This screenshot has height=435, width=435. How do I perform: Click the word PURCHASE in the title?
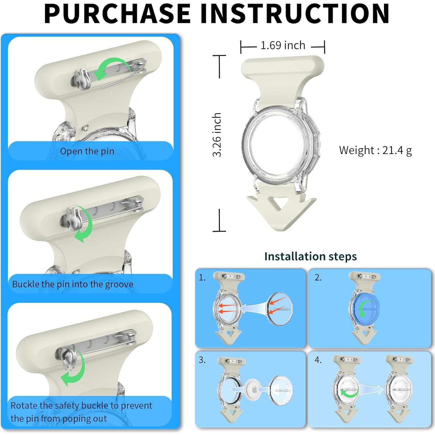(118, 14)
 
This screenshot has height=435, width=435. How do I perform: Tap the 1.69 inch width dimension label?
(283, 46)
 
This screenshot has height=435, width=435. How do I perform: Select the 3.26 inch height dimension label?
(217, 135)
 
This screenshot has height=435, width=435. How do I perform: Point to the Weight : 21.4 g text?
(375, 151)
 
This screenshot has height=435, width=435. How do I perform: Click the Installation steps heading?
(310, 256)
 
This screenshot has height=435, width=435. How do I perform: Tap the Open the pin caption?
(87, 151)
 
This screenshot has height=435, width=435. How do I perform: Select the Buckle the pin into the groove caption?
(73, 284)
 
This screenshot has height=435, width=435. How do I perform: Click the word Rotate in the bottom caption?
(24, 406)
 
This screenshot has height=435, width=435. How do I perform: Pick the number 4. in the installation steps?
(318, 360)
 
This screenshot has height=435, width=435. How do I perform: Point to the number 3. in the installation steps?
(202, 360)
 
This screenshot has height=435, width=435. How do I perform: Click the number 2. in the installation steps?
(318, 277)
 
